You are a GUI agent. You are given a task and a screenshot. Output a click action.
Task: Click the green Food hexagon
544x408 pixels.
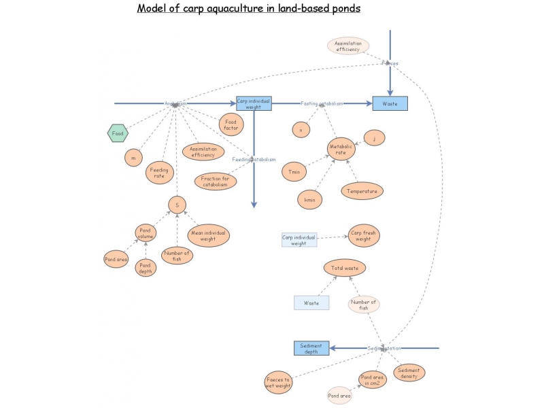click(117, 133)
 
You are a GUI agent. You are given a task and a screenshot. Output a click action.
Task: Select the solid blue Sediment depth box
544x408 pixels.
click(311, 348)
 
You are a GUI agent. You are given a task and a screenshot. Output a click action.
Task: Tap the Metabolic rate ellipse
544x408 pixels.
click(341, 149)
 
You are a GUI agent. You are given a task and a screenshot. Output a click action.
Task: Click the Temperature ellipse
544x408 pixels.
click(362, 191)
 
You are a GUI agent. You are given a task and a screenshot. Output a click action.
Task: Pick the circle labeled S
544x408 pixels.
click(177, 204)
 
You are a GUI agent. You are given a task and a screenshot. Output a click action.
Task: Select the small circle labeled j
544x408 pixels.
click(375, 138)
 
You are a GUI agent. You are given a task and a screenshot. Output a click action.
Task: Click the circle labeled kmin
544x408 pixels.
click(309, 199)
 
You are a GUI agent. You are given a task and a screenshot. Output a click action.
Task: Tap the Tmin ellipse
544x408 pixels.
click(294, 172)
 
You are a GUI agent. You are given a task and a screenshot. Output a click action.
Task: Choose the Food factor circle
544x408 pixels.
click(230, 124)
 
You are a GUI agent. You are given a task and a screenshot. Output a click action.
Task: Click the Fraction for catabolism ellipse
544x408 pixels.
click(215, 181)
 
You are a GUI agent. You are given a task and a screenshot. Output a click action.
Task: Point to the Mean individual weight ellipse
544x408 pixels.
click(208, 235)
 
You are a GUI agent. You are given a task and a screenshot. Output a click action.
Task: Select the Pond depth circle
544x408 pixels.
click(145, 267)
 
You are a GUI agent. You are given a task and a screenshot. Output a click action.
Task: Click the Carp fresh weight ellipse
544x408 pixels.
click(363, 235)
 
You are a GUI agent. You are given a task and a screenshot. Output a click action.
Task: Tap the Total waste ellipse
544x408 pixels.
click(345, 268)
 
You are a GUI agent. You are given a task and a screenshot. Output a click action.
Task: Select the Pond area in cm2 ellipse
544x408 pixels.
click(373, 380)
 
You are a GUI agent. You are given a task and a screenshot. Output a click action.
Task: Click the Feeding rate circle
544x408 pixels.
click(159, 172)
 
